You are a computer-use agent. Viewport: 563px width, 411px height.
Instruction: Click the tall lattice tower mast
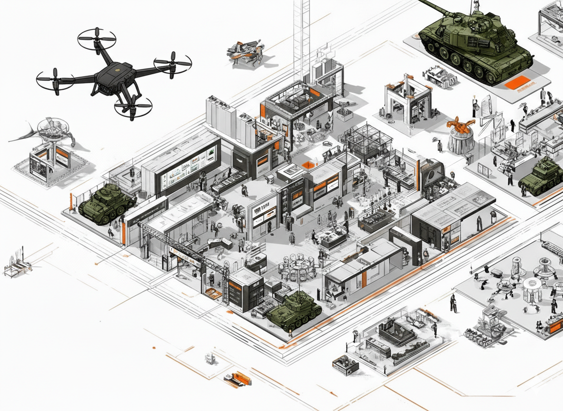[x=302, y=38]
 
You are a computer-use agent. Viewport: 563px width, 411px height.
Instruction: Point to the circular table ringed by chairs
[x=298, y=266]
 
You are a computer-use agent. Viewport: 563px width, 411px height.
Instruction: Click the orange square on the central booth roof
[x=309, y=165]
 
